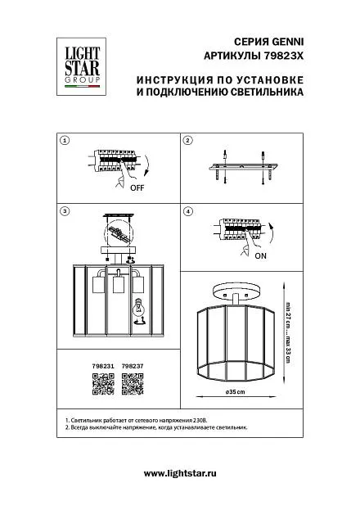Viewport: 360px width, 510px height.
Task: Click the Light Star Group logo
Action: click(81, 66)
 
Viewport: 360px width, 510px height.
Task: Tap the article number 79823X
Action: click(282, 56)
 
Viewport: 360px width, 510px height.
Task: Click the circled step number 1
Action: click(65, 141)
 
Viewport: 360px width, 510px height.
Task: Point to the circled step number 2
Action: click(188, 141)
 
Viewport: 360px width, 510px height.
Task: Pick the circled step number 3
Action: click(65, 211)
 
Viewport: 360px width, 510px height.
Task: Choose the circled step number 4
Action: click(188, 211)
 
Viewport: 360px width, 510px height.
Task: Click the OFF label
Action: click(137, 187)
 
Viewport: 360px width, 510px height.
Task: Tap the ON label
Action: click(260, 256)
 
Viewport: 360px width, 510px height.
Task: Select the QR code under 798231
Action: click(103, 384)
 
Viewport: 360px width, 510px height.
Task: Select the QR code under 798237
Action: click(133, 384)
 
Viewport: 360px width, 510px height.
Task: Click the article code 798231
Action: click(103, 366)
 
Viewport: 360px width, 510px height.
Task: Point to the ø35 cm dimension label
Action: click(236, 391)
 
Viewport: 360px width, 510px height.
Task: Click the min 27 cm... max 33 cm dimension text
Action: click(288, 333)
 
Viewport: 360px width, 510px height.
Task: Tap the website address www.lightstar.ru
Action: click(180, 473)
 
